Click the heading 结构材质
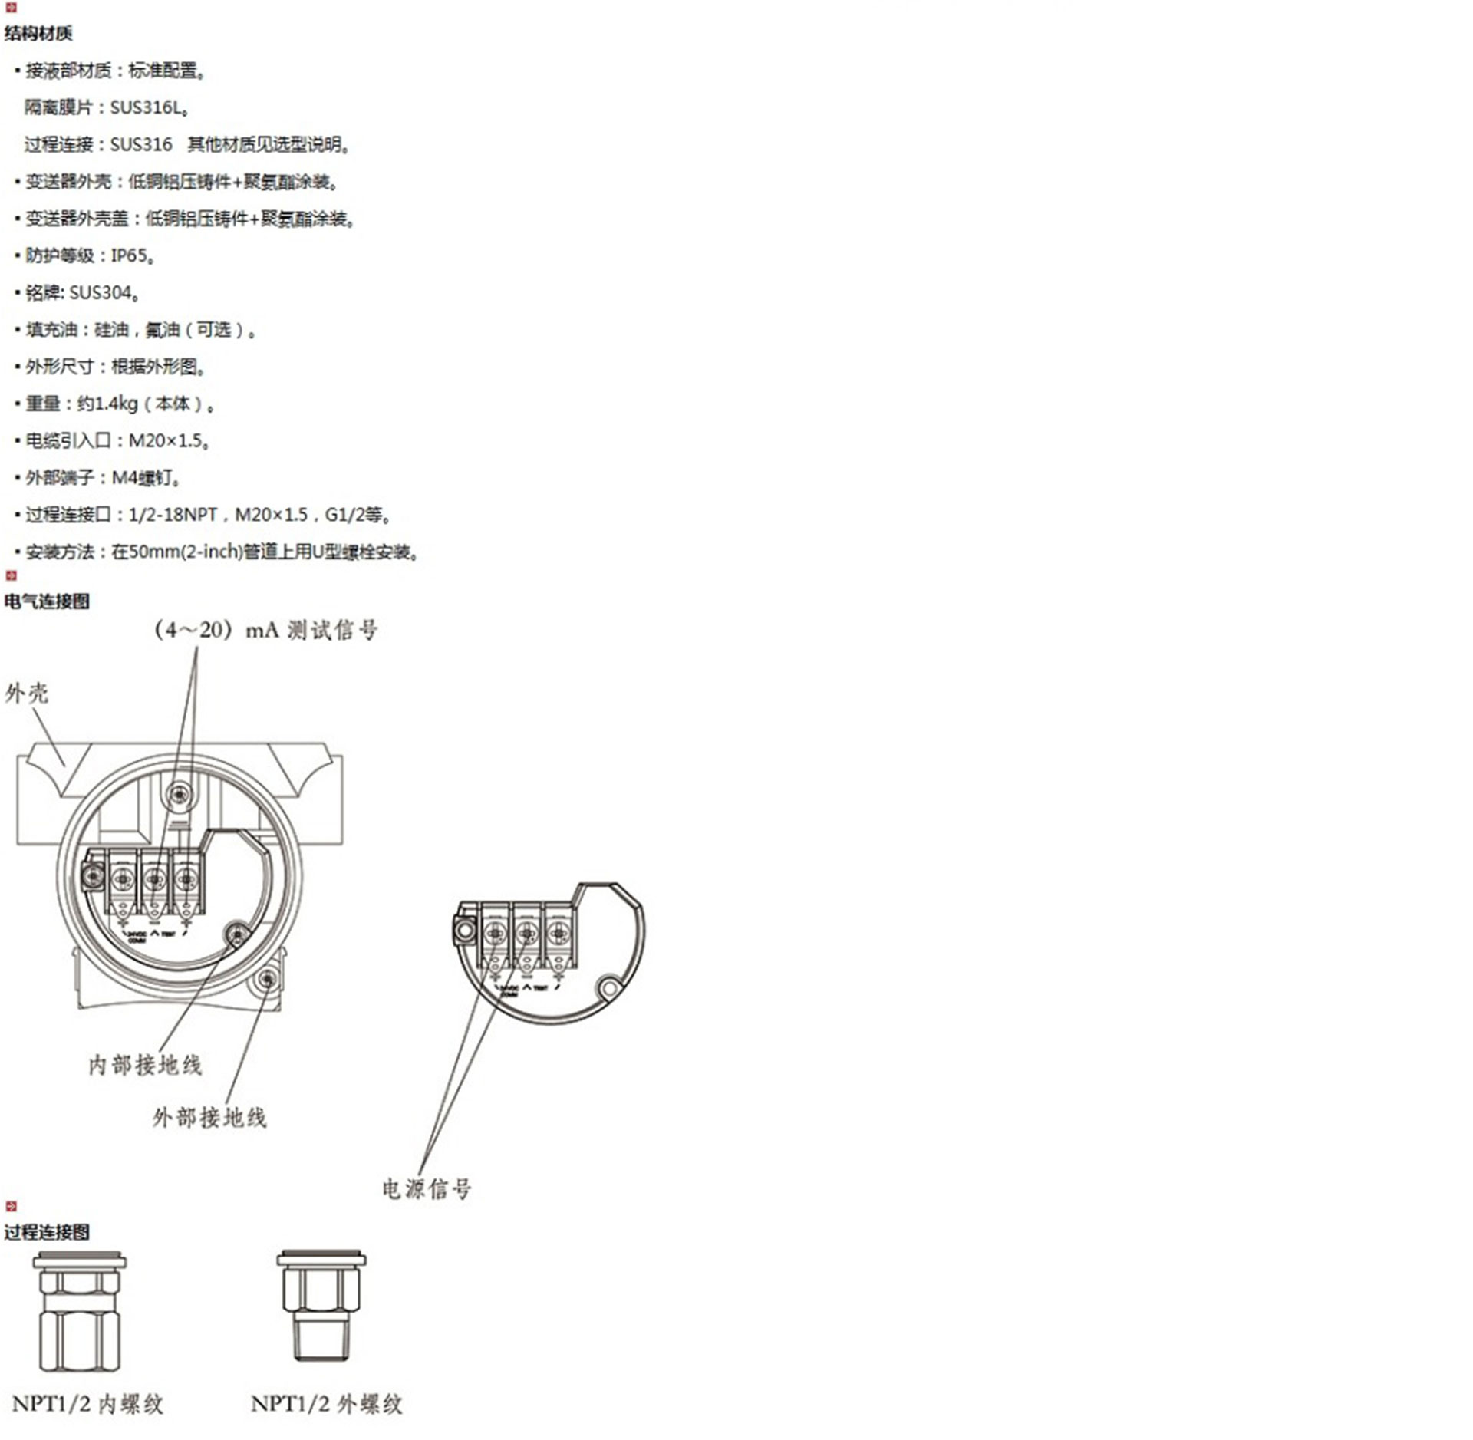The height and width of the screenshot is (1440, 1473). (38, 33)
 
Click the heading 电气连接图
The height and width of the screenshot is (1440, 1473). (47, 601)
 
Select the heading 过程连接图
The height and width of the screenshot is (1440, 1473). (47, 1232)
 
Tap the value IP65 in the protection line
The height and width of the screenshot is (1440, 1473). (129, 255)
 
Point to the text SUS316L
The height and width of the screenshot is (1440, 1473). (146, 107)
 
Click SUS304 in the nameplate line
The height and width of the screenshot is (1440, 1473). (101, 292)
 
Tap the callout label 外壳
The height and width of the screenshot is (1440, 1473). (27, 694)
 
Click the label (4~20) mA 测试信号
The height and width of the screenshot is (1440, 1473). (266, 631)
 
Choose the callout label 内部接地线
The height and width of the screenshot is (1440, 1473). (145, 1065)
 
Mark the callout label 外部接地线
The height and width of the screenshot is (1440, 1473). (209, 1118)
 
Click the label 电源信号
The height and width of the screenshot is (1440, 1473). (427, 1188)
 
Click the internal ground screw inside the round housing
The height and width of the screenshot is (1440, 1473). (237, 934)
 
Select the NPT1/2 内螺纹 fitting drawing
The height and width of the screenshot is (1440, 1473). (80, 1312)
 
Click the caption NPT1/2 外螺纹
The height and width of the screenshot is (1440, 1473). (326, 1404)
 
